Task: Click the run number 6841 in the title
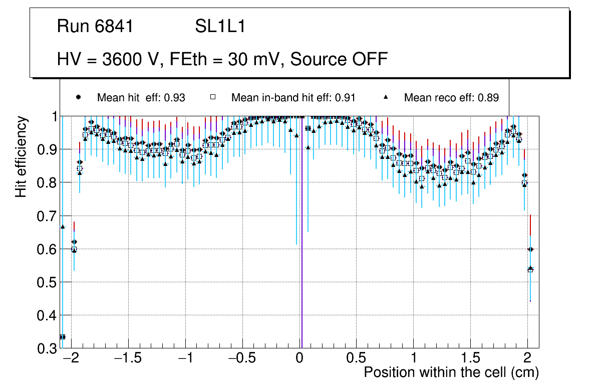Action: pyautogui.click(x=115, y=26)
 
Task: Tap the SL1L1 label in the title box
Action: pyautogui.click(x=220, y=26)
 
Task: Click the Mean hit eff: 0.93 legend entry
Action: pyautogui.click(x=141, y=98)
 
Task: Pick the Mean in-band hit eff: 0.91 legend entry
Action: pyautogui.click(x=293, y=98)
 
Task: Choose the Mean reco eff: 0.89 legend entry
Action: pyautogui.click(x=451, y=98)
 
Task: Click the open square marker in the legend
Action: pyautogui.click(x=213, y=97)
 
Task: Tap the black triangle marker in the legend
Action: pyautogui.click(x=386, y=97)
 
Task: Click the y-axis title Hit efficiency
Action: pyautogui.click(x=21, y=157)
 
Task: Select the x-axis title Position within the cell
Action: pyautogui.click(x=451, y=373)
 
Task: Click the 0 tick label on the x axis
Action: pyautogui.click(x=300, y=359)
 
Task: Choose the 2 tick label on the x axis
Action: pyautogui.click(x=527, y=359)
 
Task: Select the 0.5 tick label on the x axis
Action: pyautogui.click(x=357, y=359)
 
